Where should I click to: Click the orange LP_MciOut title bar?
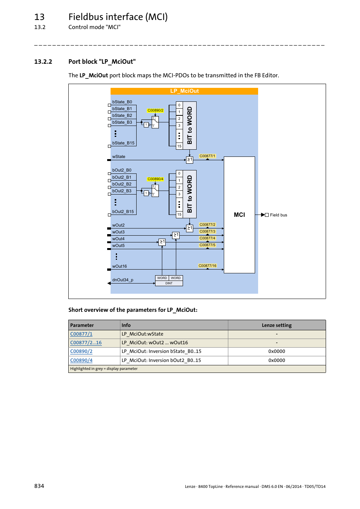click(x=184, y=91)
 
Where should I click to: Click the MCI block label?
click(x=239, y=215)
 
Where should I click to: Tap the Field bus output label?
click(x=278, y=215)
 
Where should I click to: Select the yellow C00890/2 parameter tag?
click(x=155, y=110)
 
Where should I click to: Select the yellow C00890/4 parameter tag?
click(x=155, y=179)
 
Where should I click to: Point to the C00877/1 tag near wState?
click(x=207, y=156)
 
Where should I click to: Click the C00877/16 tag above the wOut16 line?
click(x=207, y=266)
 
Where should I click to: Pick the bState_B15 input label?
click(x=123, y=143)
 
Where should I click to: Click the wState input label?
click(x=118, y=156)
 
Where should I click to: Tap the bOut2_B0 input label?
click(x=122, y=170)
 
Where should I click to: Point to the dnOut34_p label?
click(x=123, y=280)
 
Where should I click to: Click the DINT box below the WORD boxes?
click(x=169, y=283)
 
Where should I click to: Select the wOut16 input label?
click(x=119, y=266)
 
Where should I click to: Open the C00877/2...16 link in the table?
click(x=86, y=343)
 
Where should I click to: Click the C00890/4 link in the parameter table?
click(x=81, y=360)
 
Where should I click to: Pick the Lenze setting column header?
click(x=277, y=325)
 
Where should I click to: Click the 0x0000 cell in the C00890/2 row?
click(x=277, y=351)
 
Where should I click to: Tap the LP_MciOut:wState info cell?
click(x=142, y=334)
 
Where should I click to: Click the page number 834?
click(x=39, y=486)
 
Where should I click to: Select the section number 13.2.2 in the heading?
click(x=43, y=61)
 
